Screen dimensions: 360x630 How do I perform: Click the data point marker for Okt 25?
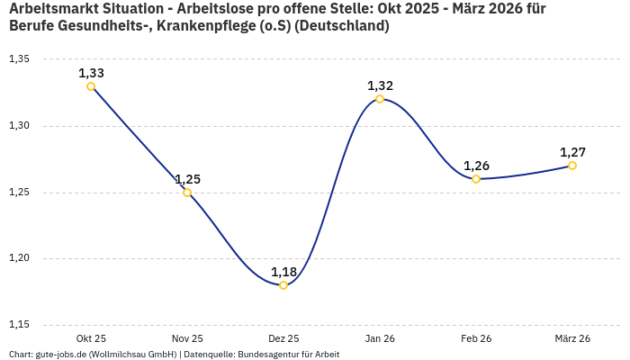91,86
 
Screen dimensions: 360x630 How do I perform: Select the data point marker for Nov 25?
187,193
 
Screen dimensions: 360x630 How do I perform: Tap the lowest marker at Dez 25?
283,285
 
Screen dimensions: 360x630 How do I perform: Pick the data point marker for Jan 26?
380,99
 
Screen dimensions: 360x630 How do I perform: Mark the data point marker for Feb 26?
476,179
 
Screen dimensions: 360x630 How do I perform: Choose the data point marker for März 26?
572,166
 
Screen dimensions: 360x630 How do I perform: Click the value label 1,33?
91,72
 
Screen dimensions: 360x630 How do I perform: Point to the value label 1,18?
283,271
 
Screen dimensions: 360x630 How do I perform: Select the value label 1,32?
380,85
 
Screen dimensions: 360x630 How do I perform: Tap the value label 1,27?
572,151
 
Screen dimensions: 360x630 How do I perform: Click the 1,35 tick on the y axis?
19,59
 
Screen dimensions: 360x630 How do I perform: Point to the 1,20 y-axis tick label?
19,258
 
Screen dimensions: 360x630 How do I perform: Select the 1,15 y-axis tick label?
19,325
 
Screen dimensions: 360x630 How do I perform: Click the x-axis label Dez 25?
283,338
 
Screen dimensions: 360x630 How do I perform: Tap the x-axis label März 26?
572,338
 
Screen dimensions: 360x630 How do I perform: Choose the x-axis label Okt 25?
91,338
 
